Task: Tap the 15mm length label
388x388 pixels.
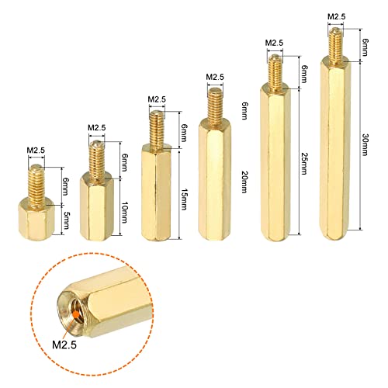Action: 184,193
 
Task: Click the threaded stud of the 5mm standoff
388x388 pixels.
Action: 35,182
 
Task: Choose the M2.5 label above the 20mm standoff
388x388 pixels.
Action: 216,77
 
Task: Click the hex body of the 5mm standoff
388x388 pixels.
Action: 36,220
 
